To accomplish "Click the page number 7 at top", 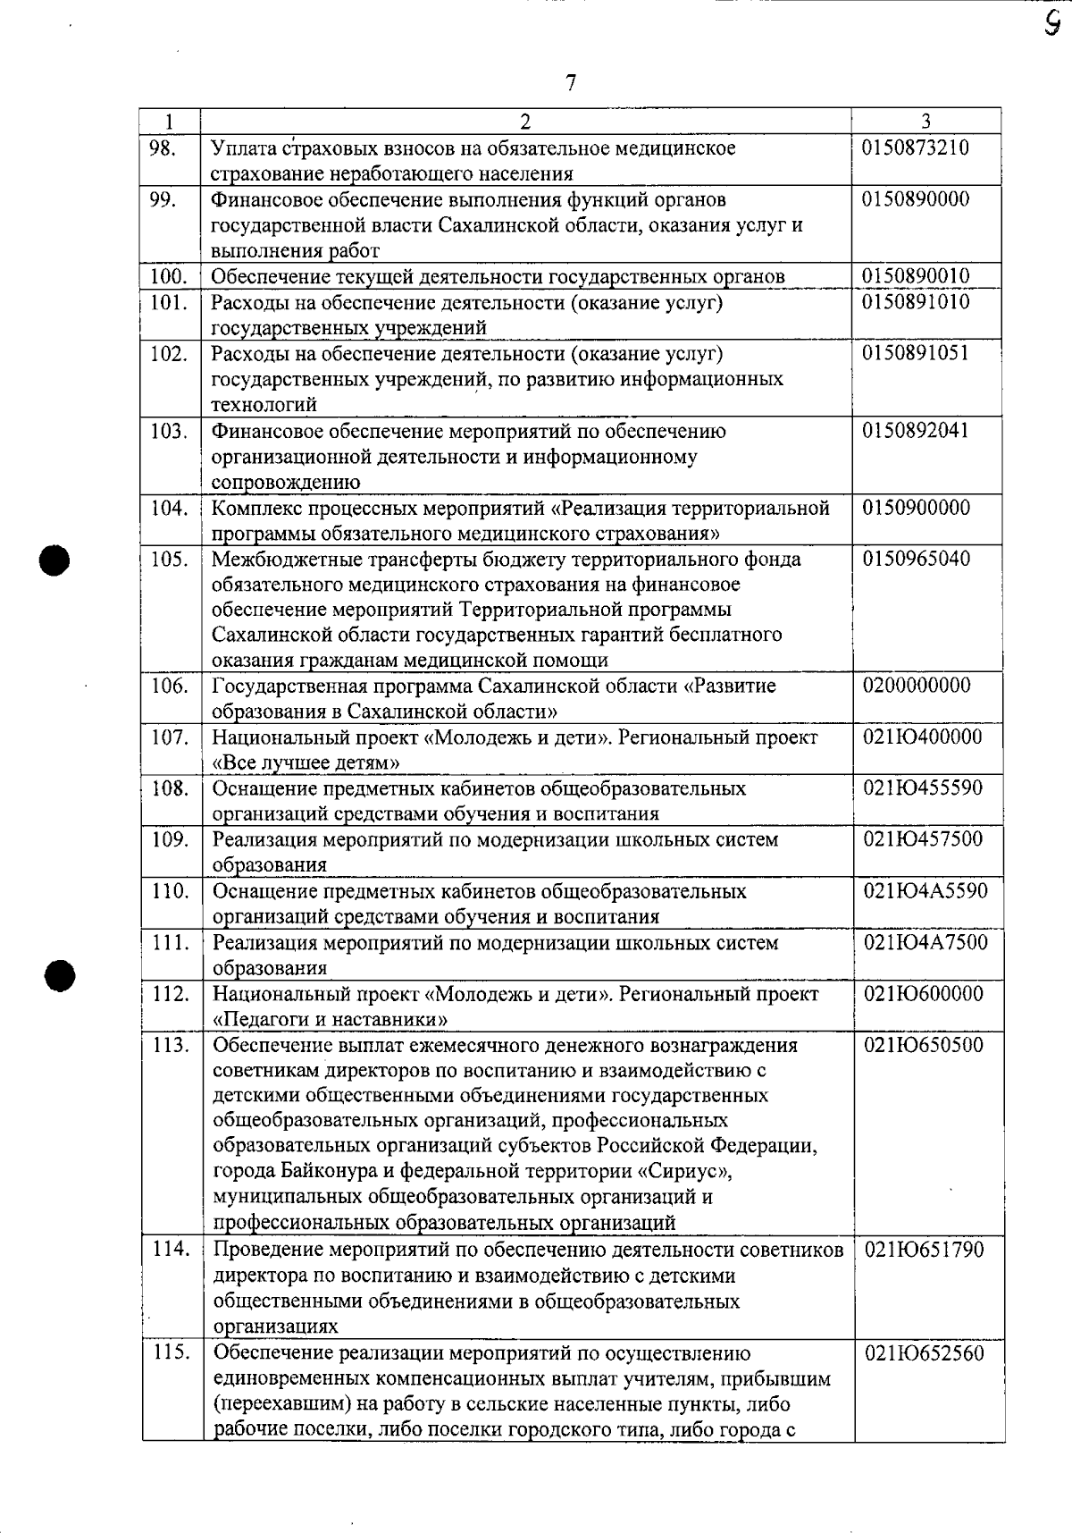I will tap(571, 83).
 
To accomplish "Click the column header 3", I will tap(926, 121).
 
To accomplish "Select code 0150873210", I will tap(916, 147).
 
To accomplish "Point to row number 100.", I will tap(169, 276).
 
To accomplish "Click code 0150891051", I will tap(916, 353).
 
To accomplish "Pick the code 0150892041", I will tap(916, 431).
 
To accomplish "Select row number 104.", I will tap(169, 508).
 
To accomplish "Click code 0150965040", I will tap(916, 560).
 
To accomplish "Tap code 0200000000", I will tap(917, 686).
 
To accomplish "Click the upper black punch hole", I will tap(54, 561).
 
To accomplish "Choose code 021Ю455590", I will tap(923, 788).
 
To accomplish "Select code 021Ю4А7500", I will tap(925, 943).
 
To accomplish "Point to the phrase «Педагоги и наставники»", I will tap(330, 1019).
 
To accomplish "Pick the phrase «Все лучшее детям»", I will tap(306, 762).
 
